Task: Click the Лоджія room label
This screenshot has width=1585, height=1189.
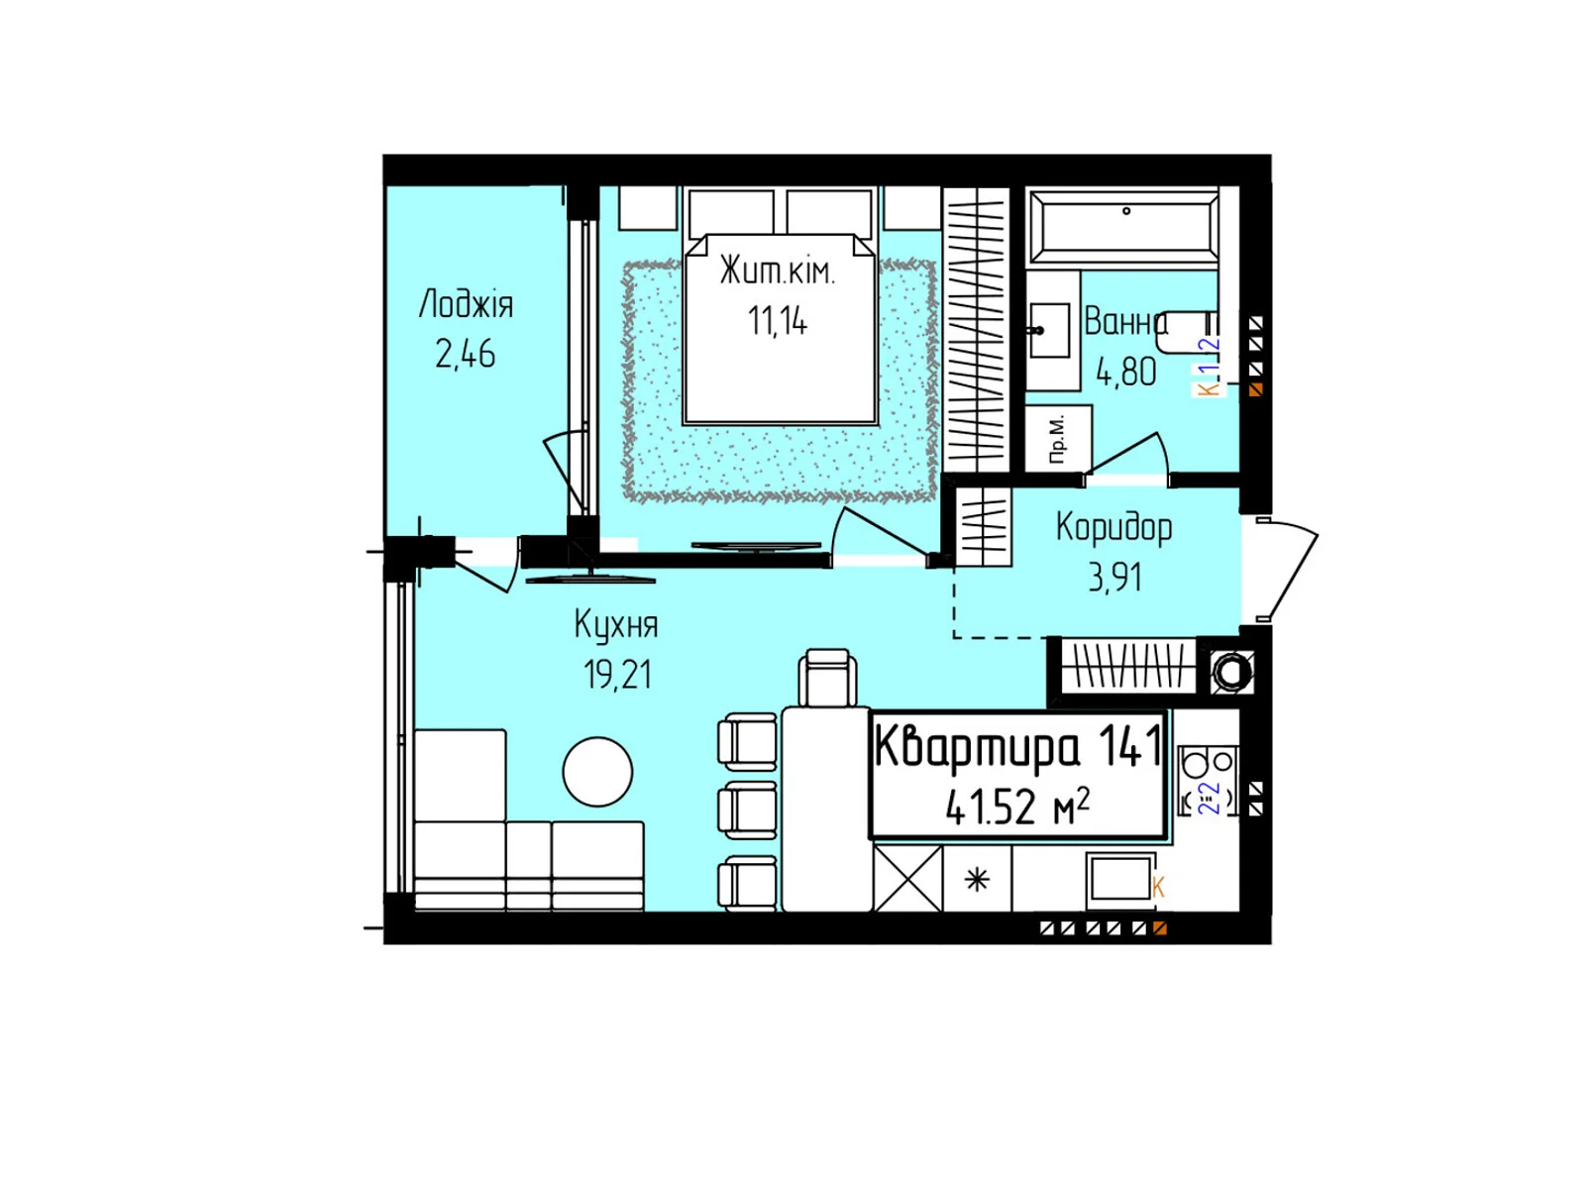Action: pos(466,304)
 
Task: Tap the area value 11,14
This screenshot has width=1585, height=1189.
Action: pos(778,321)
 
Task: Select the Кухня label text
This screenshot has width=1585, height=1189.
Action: pos(615,625)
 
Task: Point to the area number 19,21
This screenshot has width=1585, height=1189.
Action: pos(617,675)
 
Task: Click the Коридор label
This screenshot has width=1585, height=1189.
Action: pos(1113,527)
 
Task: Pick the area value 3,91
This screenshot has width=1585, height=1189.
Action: pos(1114,577)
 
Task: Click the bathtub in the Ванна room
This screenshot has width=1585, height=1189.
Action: pos(1123,227)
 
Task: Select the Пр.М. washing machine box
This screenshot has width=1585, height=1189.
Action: pos(1058,437)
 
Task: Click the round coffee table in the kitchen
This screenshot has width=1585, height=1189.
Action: pos(597,772)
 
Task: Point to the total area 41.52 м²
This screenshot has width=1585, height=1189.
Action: pos(1017,807)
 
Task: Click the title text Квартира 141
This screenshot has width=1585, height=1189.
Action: pos(1017,746)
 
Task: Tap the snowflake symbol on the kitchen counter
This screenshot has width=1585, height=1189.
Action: pos(977,879)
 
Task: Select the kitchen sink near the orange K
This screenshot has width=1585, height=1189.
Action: pos(1118,878)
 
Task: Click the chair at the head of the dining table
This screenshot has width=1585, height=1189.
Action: pos(827,678)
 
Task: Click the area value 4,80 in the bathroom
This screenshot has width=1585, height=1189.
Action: pos(1125,372)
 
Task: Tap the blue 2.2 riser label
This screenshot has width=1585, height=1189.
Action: pos(1210,798)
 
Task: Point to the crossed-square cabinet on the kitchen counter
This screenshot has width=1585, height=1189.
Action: pos(907,878)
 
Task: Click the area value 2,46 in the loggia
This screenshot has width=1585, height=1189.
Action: pos(465,354)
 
